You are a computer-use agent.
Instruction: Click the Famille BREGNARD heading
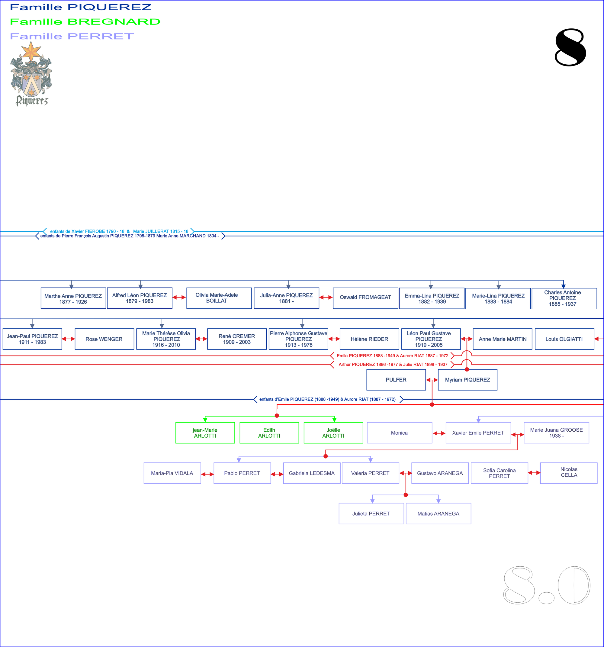tap(85, 22)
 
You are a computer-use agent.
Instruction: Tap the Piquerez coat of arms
tap(31, 74)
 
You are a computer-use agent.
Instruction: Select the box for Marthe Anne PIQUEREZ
tap(73, 298)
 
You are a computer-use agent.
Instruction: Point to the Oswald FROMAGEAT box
tap(365, 298)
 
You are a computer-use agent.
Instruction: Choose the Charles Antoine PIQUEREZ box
tap(564, 298)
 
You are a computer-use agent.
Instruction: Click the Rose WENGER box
tap(104, 339)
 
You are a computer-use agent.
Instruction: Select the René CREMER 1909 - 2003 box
tap(236, 339)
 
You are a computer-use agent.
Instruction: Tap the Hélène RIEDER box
tap(369, 339)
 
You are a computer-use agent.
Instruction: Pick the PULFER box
tap(396, 380)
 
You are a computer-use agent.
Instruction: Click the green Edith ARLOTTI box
tap(269, 433)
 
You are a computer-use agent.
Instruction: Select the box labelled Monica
tap(399, 433)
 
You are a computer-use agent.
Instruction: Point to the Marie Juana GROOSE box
tap(556, 433)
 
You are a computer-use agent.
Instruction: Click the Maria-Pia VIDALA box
tap(172, 473)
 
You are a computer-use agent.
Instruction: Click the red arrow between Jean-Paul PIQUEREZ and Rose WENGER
tap(68, 339)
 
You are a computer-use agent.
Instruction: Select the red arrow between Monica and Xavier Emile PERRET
tap(439, 433)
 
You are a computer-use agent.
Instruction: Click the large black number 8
tap(570, 47)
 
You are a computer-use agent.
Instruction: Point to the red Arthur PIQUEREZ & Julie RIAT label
tap(393, 365)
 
